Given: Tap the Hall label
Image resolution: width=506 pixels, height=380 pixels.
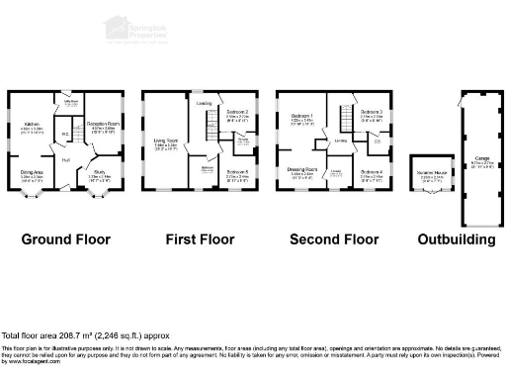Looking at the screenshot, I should pyautogui.click(x=65, y=160).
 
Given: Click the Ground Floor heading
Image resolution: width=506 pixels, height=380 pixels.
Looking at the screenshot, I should pyautogui.click(x=66, y=239).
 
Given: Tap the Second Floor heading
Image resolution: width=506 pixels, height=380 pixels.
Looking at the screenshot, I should pyautogui.click(x=334, y=239).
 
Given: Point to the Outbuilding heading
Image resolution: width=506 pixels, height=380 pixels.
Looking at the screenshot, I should pyautogui.click(x=451, y=239).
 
